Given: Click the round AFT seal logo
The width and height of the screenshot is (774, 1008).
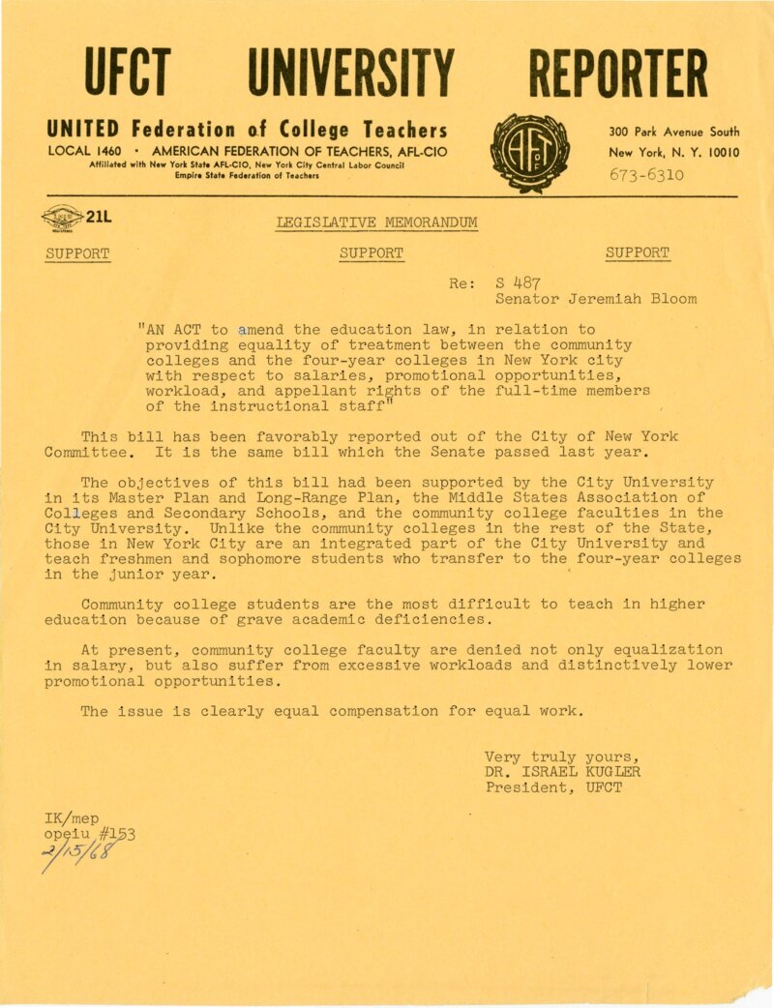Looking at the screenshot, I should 530,154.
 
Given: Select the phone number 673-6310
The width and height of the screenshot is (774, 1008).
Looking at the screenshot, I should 647,175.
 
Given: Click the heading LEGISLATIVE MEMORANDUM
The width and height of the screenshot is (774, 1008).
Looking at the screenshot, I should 376,223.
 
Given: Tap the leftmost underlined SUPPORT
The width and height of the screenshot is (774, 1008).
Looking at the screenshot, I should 77,253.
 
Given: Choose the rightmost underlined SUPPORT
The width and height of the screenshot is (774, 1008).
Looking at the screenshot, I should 637,253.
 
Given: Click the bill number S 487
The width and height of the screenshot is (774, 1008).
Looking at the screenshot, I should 519,283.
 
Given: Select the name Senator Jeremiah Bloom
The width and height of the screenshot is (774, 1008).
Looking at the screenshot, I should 595,299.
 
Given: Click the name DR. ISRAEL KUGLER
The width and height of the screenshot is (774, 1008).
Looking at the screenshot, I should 562,772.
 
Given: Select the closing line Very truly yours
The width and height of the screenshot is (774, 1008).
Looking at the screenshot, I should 560,756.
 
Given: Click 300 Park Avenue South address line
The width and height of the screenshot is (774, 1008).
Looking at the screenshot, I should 673,132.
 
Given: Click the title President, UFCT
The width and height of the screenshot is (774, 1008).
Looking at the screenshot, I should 553,787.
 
